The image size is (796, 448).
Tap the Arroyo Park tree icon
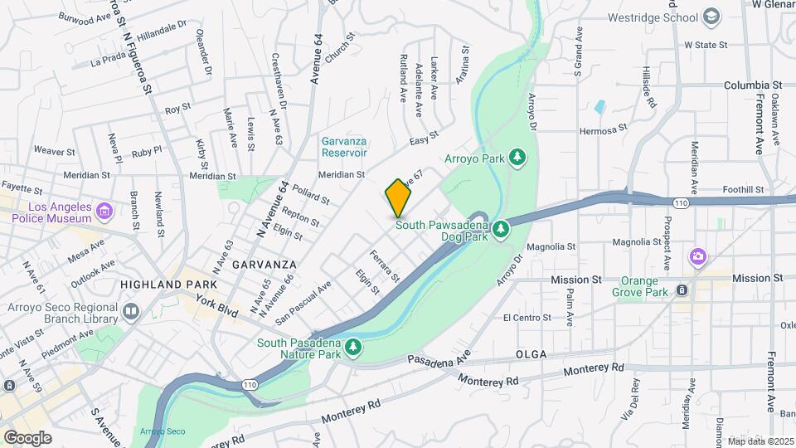pyautogui.click(x=518, y=157)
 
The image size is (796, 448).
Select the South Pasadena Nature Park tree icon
pyautogui.click(x=354, y=346)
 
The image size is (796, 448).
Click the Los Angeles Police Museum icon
pyautogui.click(x=104, y=212)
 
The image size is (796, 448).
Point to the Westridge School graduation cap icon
pyautogui.click(x=711, y=17)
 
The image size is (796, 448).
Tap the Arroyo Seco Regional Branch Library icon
pyautogui.click(x=130, y=312)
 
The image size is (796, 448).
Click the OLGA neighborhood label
pyautogui.click(x=531, y=354)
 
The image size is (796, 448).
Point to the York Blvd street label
pyautogui.click(x=217, y=310)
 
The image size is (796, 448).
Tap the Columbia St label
pyautogui.click(x=753, y=85)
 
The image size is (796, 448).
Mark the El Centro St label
pyautogui.click(x=527, y=318)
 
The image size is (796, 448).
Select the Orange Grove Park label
pyautogui.click(x=640, y=286)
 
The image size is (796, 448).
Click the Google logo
pyautogui.click(x=28, y=437)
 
